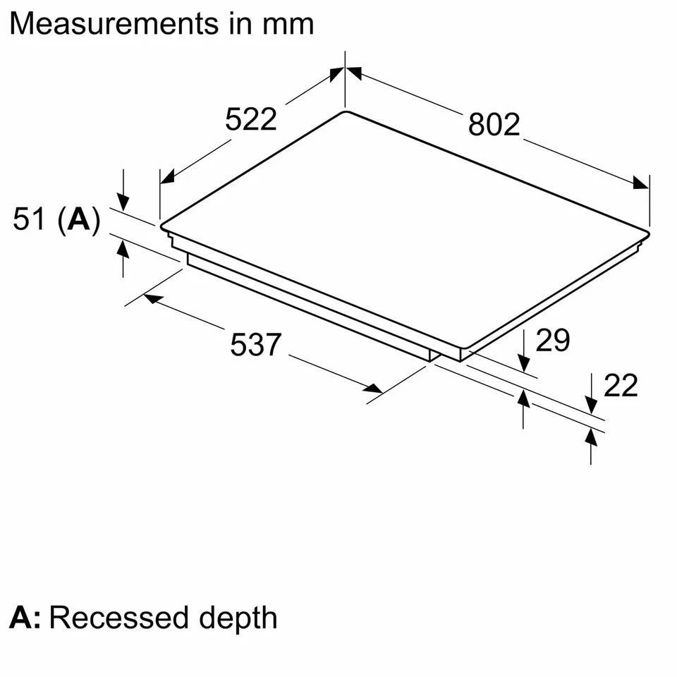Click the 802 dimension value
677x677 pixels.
click(x=494, y=124)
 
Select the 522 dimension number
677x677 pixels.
click(x=251, y=119)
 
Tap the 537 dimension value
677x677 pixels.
click(x=256, y=346)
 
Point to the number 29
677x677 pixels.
click(x=552, y=341)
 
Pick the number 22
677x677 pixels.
click(x=621, y=386)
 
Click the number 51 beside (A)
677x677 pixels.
click(x=30, y=220)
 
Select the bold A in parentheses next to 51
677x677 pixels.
click(x=78, y=220)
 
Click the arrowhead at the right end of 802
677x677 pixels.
click(x=640, y=183)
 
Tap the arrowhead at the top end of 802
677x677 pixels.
click(x=353, y=72)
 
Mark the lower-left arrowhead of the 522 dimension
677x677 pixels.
click(x=167, y=176)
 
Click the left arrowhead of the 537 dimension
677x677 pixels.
click(x=151, y=299)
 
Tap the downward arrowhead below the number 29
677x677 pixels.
click(x=524, y=362)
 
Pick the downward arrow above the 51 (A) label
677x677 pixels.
click(x=123, y=202)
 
